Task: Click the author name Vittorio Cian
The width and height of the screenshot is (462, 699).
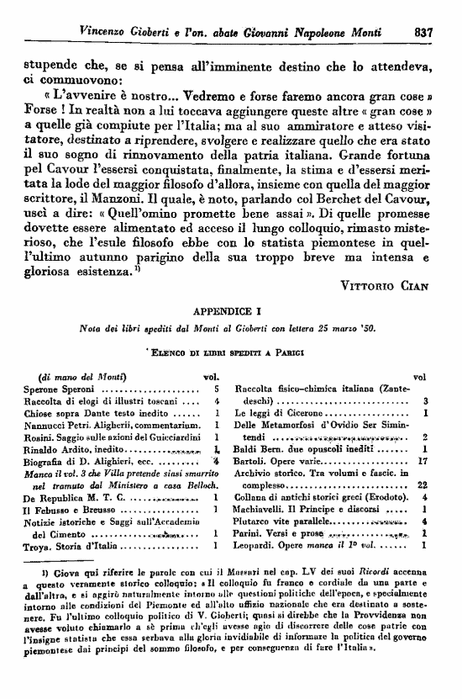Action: click(386, 285)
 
